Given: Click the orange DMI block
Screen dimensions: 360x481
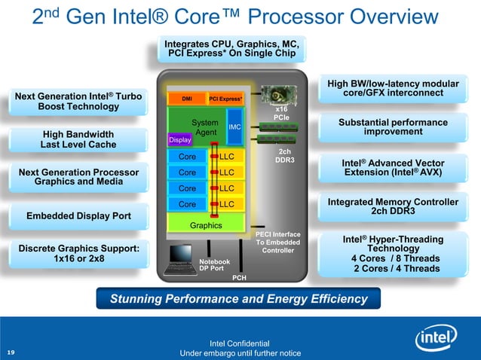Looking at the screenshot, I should pos(186,99).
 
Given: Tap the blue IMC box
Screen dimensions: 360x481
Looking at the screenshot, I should pos(234,127).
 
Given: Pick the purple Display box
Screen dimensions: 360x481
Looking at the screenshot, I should pos(180,140).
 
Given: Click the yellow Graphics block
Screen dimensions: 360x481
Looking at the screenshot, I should pos(206,225).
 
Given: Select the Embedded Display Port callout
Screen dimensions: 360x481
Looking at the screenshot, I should pos(78,217).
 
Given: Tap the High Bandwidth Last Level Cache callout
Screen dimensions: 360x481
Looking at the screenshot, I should pos(78,139).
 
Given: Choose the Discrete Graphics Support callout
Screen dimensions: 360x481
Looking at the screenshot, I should pos(78,254).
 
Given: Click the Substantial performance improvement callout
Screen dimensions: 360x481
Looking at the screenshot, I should pos(393,127).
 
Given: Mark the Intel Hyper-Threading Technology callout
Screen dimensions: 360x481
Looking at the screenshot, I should pos(393,254).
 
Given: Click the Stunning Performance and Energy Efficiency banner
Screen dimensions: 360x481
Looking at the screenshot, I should pos(238,299).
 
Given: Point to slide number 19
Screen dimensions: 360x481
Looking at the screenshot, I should pos(11,352).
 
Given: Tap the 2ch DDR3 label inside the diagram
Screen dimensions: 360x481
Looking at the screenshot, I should pos(284,156).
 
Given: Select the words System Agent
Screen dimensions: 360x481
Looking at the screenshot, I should pos(205,127).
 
